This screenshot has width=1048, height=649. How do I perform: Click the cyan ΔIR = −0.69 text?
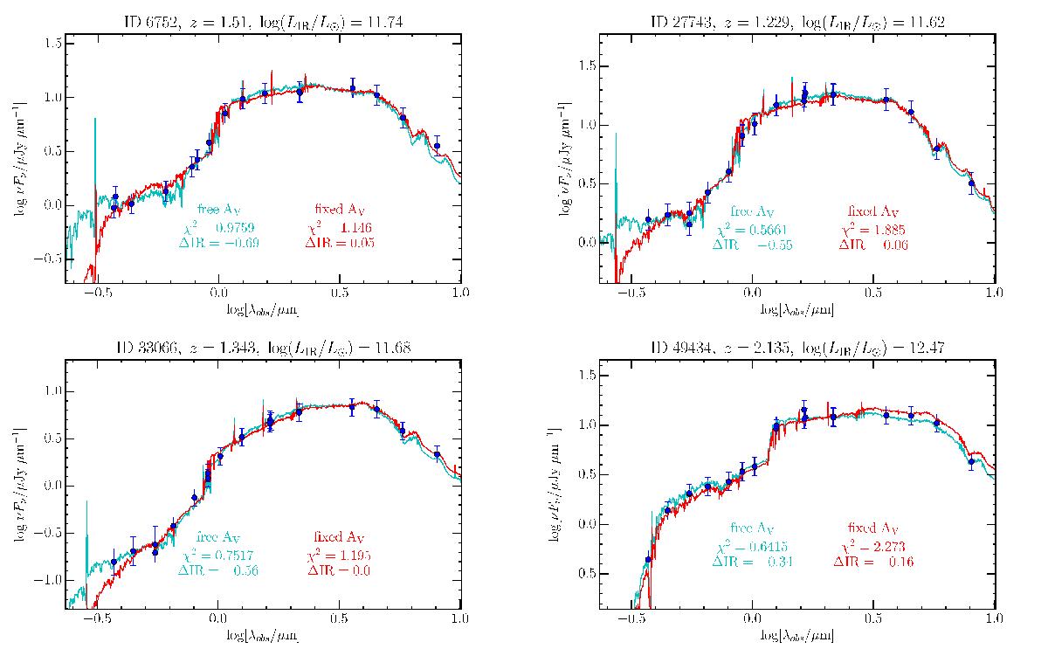216,241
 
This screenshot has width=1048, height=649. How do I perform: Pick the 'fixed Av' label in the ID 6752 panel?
340,211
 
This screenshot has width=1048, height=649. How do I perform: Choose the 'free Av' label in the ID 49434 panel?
752,528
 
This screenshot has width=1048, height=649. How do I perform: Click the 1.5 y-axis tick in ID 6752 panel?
52,43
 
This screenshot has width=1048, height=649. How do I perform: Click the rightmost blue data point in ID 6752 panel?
438,147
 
